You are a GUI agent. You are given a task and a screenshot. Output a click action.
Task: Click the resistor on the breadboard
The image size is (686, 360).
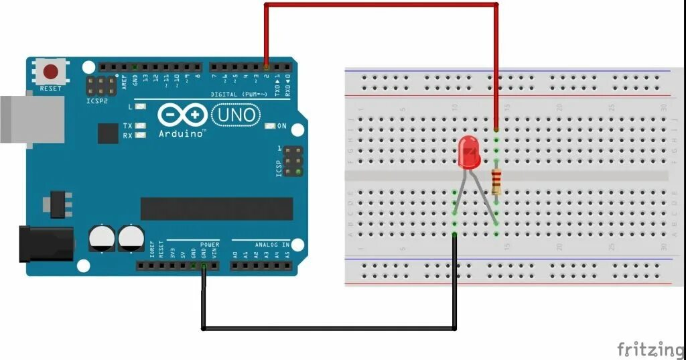tap(496, 181)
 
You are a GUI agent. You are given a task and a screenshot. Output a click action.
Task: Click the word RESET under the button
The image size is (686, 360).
tap(51, 88)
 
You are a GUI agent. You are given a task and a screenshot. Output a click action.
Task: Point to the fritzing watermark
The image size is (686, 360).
tap(650, 349)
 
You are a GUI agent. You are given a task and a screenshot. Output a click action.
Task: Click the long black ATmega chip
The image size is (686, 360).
tap(216, 208)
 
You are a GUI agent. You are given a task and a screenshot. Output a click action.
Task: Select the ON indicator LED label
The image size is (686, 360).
tap(282, 126)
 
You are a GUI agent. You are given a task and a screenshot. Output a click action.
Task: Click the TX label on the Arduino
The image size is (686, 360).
tap(127, 125)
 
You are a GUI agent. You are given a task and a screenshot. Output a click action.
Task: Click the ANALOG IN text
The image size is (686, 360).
tap(272, 245)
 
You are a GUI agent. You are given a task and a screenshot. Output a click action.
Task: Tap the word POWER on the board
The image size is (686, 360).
tap(210, 245)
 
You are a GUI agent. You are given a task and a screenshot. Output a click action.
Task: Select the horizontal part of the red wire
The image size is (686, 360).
tap(382, 5)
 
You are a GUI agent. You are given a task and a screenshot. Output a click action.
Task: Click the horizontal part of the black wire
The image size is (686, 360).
tap(328, 328)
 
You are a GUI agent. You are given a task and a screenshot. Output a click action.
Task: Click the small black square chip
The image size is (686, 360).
tap(107, 133)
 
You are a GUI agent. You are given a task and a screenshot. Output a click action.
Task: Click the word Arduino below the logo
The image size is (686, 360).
tap(181, 133)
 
